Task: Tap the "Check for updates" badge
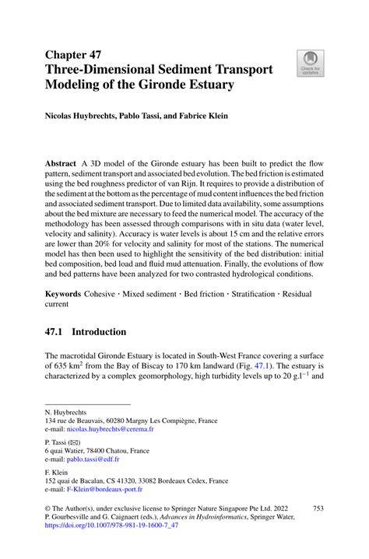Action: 310,64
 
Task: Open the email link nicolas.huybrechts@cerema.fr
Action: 111,428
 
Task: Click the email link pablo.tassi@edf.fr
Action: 100,461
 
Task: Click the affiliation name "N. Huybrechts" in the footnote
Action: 66,411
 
